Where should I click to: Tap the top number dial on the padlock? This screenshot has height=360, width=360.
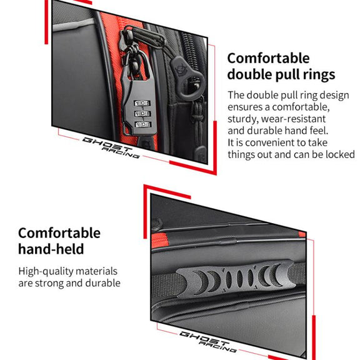(x=142, y=103)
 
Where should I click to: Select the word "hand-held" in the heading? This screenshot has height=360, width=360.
(x=51, y=249)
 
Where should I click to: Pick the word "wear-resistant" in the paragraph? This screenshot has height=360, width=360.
(x=293, y=119)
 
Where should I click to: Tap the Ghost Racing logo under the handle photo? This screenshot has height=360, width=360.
(x=208, y=342)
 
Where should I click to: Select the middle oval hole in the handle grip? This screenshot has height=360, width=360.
(x=239, y=279)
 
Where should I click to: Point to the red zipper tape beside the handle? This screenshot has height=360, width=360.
(x=159, y=241)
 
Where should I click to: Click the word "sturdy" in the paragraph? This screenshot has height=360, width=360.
(x=242, y=119)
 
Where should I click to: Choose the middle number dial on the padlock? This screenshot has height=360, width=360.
(x=142, y=114)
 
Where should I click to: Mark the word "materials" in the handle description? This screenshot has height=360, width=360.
(x=96, y=271)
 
